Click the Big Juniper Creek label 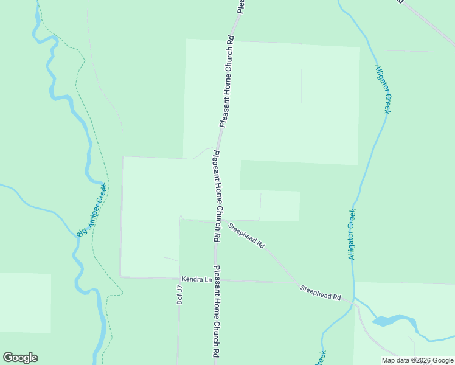pyautogui.click(x=92, y=210)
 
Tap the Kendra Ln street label pyautogui.click(x=195, y=279)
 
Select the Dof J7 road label pyautogui.click(x=179, y=294)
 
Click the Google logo pyautogui.click(x=20, y=358)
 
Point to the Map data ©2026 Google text pyautogui.click(x=417, y=360)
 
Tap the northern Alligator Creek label pyautogui.click(x=383, y=89)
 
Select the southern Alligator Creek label pyautogui.click(x=352, y=234)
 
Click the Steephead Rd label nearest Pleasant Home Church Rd pyautogui.click(x=246, y=235)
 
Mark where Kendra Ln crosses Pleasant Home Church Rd pyautogui.click(x=215, y=280)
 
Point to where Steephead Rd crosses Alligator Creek pyautogui.click(x=354, y=299)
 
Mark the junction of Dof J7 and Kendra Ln pyautogui.click(x=179, y=279)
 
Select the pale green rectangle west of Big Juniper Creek pyautogui.click(x=25, y=302)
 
